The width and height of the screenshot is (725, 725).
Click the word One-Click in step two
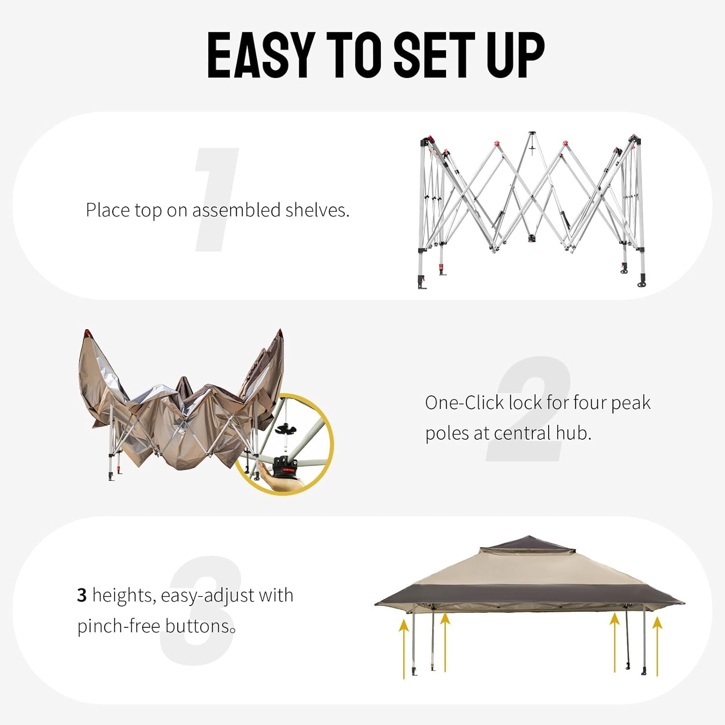tap(464, 403)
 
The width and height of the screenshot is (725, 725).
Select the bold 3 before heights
tap(82, 595)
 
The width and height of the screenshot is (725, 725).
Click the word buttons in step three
tap(197, 626)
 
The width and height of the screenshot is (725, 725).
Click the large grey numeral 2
tap(529, 408)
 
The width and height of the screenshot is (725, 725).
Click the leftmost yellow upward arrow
tap(404, 648)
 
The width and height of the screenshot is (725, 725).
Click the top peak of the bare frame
tap(532, 133)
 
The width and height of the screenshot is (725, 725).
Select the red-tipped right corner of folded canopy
tap(279, 334)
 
